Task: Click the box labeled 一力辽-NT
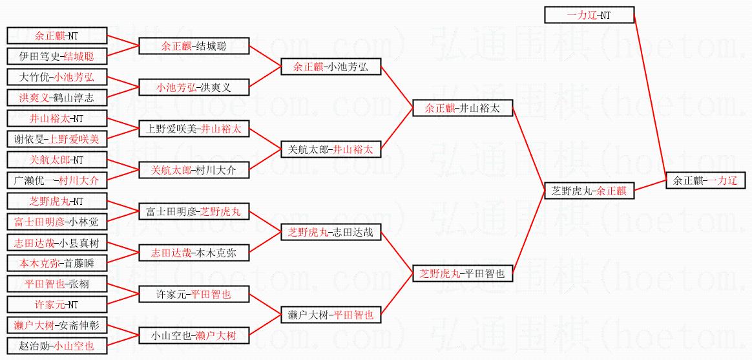589,15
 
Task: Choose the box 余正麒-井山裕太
463,109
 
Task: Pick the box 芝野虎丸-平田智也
463,273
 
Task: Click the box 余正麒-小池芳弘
330,67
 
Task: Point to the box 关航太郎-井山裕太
330,149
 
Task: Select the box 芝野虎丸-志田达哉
330,233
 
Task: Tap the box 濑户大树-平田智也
330,315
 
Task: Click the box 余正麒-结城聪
194,47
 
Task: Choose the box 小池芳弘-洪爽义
194,87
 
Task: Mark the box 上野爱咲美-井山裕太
194,129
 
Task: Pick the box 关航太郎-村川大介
194,170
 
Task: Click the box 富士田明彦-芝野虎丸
194,211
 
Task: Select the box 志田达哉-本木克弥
194,253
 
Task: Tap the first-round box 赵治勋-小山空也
57,346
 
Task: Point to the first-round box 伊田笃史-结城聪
57,56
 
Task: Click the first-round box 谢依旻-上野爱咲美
57,139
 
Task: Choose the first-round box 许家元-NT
57,304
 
